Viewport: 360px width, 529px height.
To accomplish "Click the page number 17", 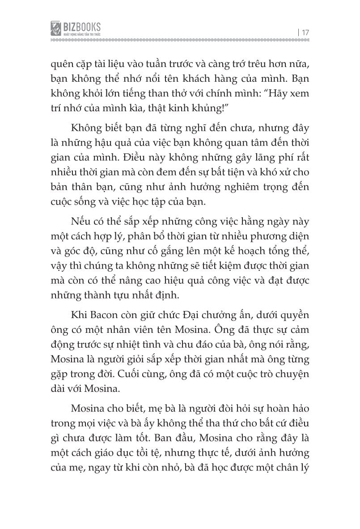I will pos(306,32).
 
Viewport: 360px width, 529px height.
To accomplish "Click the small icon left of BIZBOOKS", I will pos(56,29).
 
